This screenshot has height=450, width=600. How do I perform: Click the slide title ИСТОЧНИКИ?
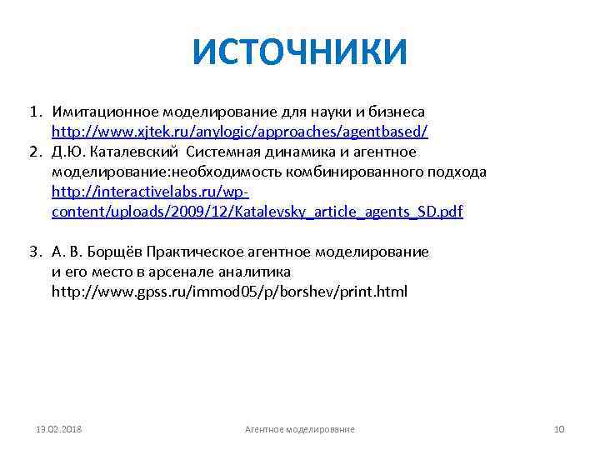300,52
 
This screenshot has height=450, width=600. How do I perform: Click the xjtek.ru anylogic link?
240,132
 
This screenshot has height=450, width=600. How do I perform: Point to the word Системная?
222,152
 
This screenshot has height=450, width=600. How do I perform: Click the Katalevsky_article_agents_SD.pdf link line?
257,212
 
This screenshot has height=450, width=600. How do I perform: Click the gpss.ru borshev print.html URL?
229,292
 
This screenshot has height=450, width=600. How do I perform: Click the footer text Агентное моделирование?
299,429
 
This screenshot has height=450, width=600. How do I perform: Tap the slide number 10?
559,429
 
